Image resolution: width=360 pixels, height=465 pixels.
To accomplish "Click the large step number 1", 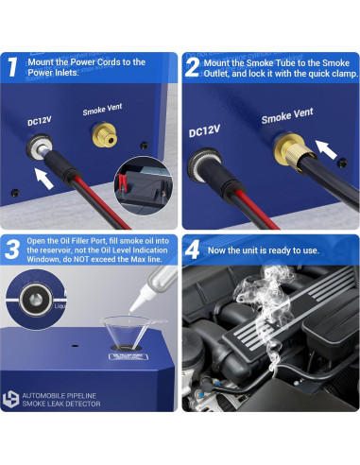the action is tap(12, 67).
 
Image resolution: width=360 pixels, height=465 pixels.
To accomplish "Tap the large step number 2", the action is tap(192, 67).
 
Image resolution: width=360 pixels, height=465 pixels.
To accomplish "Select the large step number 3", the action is tap(12, 250).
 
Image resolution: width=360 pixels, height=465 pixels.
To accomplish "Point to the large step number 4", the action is tap(192, 250).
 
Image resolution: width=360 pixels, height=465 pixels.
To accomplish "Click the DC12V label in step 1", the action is tap(40, 121).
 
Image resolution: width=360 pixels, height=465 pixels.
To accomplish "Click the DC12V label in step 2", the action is tap(204, 130).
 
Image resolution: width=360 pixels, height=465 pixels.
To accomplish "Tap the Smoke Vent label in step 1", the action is tap(102, 110).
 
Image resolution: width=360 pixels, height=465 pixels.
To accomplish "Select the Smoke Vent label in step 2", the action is tap(287, 115).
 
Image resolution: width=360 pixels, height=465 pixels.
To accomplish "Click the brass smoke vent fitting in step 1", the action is tap(105, 135).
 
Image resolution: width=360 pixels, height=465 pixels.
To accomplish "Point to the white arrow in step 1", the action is tap(43, 179).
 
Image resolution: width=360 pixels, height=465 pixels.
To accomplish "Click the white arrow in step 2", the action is tap(326, 149).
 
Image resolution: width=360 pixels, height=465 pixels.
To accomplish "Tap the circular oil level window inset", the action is tap(35, 300).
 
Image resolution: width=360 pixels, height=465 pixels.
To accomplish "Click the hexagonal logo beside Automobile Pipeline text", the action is tap(10, 399).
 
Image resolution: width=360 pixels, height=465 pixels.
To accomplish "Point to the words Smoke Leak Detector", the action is tap(61, 404).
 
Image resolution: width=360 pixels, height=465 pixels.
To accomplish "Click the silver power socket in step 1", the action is tap(39, 147).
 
